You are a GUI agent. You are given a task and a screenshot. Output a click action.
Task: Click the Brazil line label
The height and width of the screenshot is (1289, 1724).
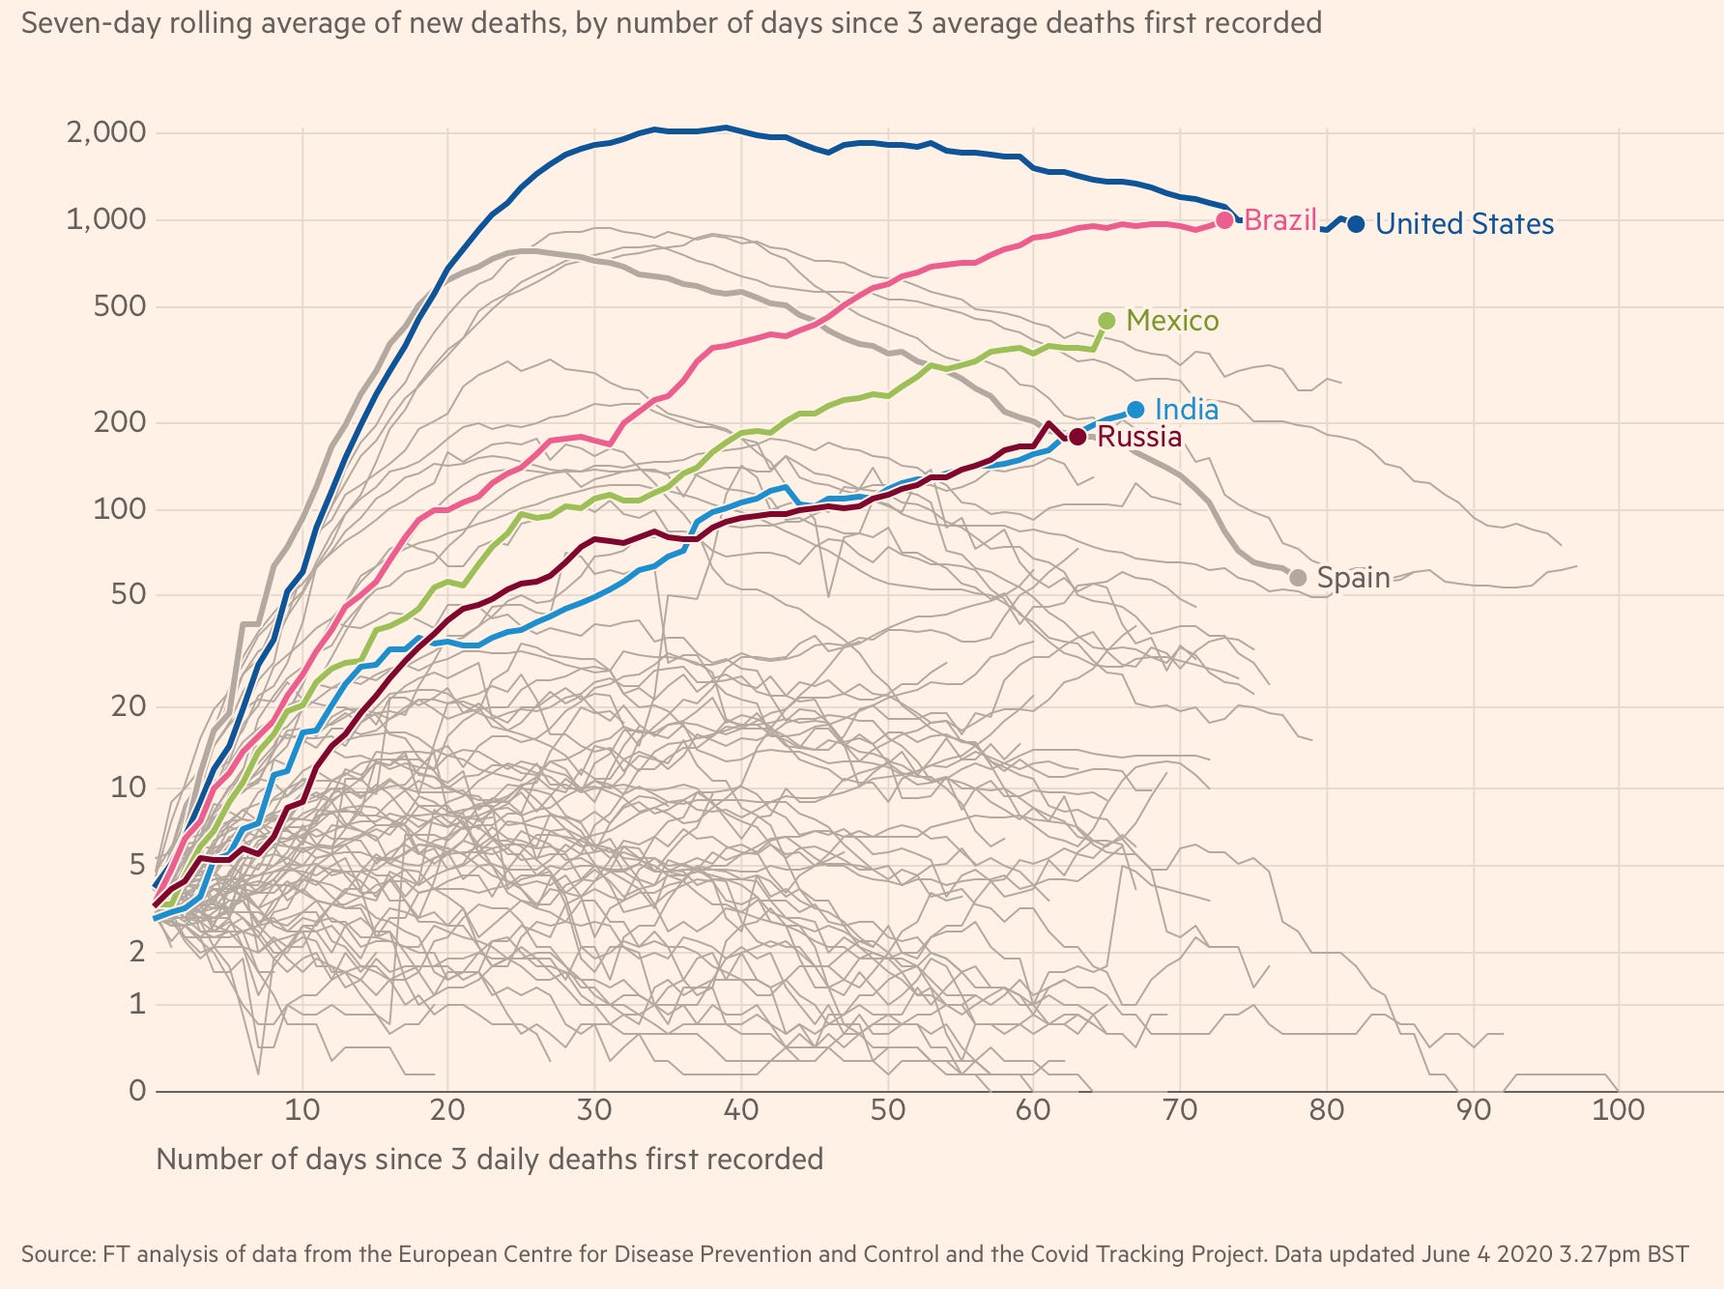tap(1280, 220)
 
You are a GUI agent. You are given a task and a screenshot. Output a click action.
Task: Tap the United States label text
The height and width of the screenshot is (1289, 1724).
tap(1464, 224)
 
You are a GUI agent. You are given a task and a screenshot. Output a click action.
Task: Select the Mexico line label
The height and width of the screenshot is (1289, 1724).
tap(1172, 321)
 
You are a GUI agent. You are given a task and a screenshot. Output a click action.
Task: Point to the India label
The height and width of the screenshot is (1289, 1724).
tap(1187, 410)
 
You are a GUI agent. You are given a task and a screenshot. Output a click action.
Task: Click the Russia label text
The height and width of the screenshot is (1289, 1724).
tap(1139, 438)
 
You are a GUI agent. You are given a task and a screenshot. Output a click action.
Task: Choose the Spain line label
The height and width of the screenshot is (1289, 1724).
tap(1353, 578)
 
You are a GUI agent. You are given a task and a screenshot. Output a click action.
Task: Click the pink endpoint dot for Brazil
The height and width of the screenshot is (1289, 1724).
tap(1224, 220)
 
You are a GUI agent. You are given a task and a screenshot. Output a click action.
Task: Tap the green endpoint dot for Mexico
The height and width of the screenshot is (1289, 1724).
tap(1106, 321)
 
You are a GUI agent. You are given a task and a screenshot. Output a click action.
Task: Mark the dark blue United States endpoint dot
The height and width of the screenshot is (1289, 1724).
tap(1356, 224)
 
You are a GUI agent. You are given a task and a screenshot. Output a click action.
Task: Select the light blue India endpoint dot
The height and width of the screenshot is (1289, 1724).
tap(1135, 411)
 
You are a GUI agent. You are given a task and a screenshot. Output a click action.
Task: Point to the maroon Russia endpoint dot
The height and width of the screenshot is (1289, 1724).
tap(1077, 438)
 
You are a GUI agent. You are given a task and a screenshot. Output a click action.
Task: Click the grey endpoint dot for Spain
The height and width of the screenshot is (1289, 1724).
tap(1298, 578)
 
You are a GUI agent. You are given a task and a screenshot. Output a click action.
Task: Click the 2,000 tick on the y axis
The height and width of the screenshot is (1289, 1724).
tap(106, 132)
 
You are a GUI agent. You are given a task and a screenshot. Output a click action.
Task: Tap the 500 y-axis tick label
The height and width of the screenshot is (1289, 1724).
tap(120, 307)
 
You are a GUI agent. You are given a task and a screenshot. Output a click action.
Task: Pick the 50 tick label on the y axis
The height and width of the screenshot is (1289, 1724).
tap(129, 594)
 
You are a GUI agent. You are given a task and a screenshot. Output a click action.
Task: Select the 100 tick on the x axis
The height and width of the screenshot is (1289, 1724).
tap(1618, 1109)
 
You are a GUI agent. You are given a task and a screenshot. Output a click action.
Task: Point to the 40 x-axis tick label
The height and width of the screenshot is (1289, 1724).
tap(740, 1109)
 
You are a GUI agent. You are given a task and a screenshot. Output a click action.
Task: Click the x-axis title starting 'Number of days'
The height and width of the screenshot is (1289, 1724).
tap(489, 1160)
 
